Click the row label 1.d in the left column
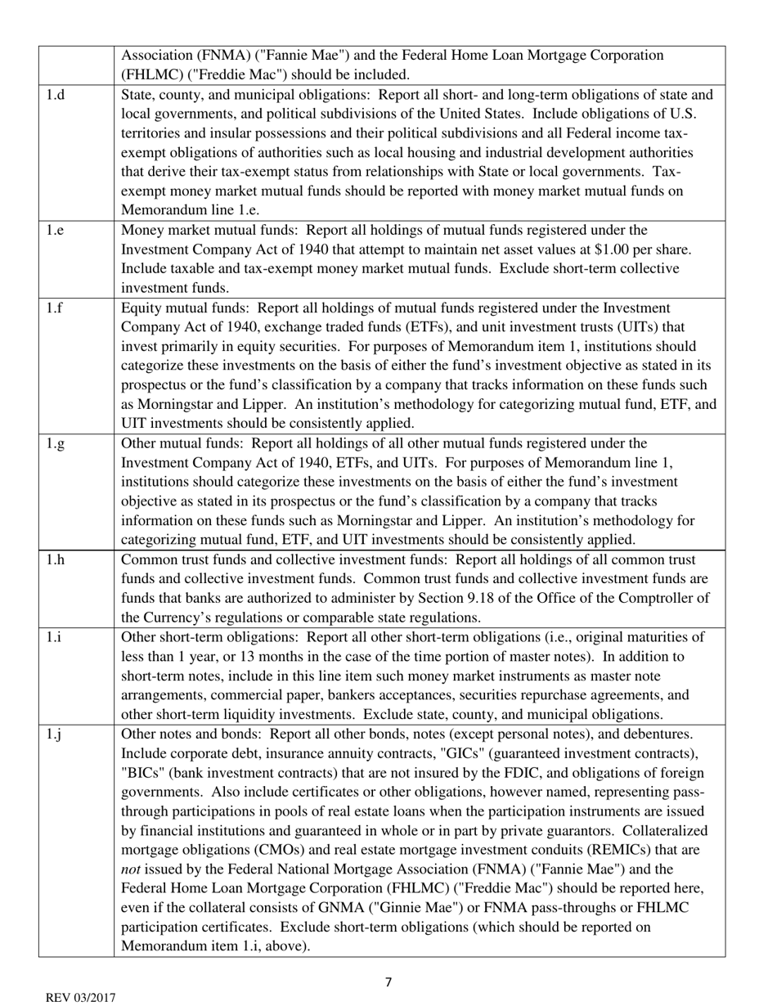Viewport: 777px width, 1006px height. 55,96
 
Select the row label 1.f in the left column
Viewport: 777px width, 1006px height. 54,308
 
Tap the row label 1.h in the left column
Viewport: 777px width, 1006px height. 55,560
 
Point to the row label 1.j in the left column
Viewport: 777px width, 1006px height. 53,734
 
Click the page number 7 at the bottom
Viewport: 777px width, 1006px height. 388,982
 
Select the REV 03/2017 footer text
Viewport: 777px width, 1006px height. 80,998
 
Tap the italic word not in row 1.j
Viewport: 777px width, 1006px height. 131,869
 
